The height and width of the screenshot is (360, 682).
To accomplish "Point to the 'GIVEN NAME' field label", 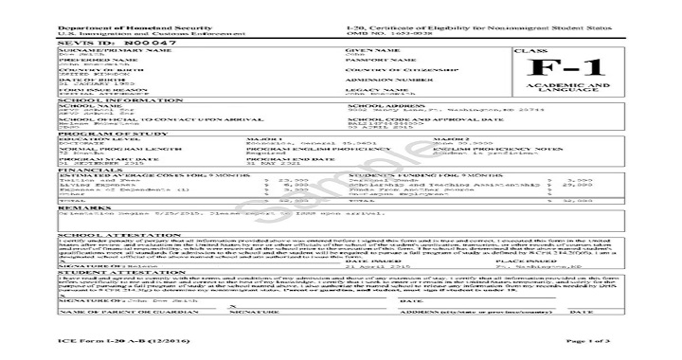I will pos(368,50).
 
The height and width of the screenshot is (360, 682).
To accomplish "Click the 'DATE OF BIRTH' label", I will pos(83,80).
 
